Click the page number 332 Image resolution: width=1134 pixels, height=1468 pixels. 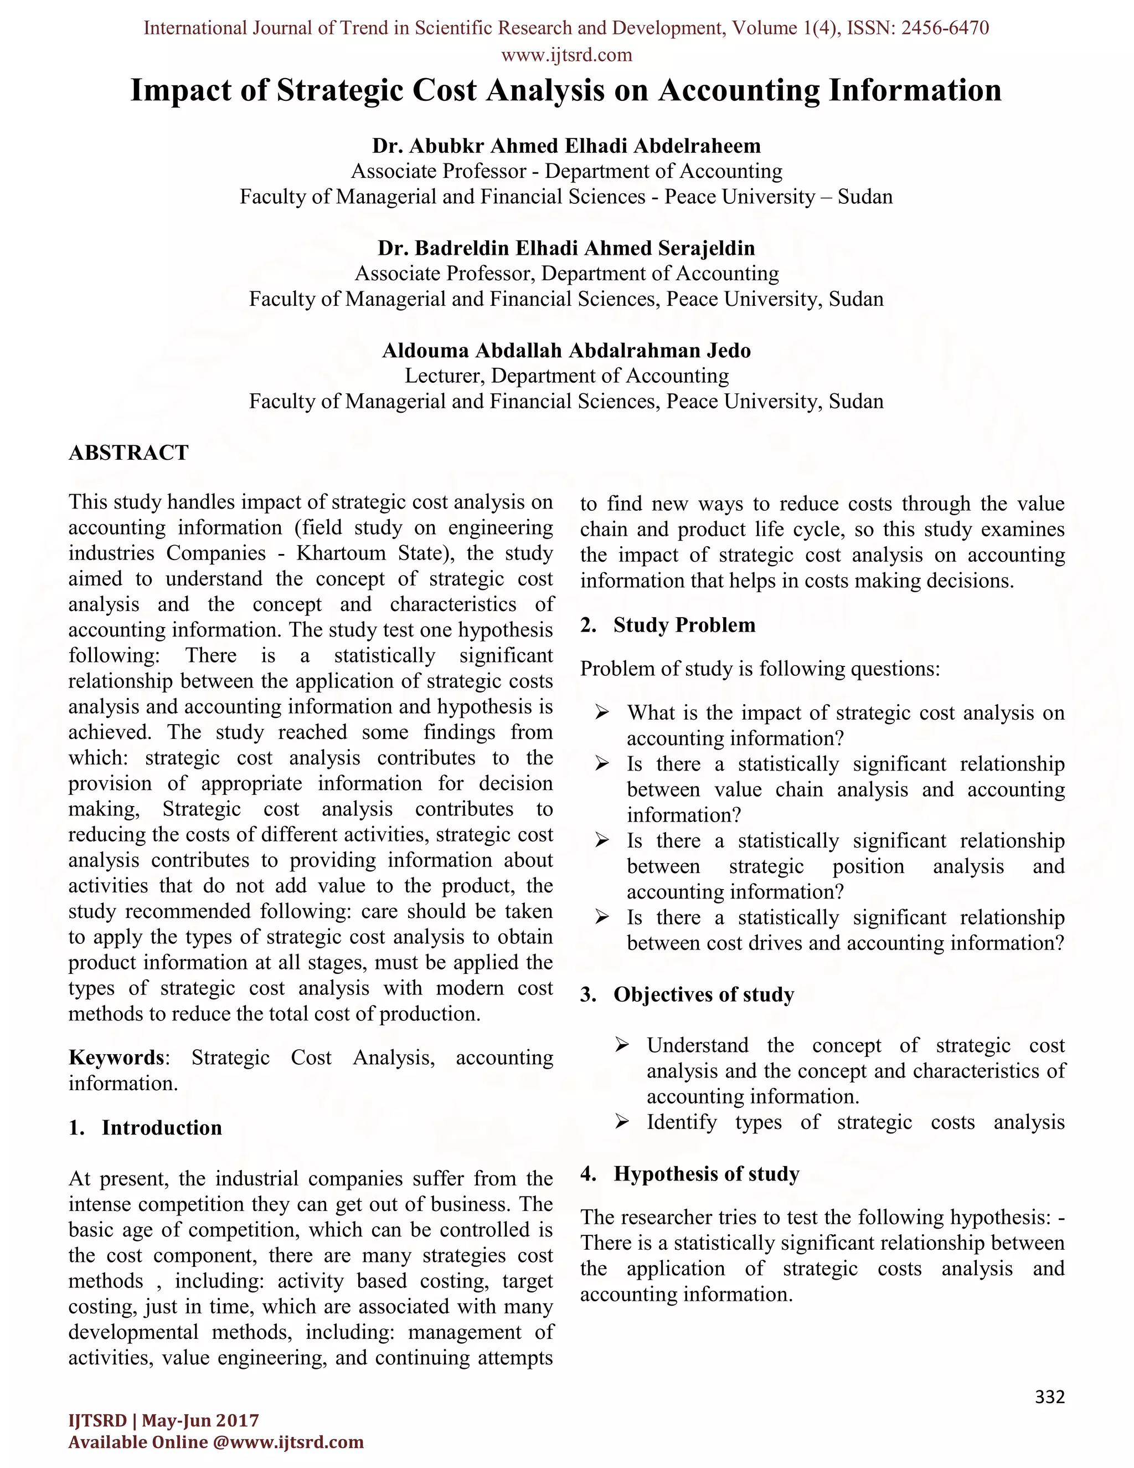pos(1049,1398)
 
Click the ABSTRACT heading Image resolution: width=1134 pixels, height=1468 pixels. pos(128,453)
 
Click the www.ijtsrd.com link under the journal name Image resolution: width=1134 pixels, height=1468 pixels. pos(566,54)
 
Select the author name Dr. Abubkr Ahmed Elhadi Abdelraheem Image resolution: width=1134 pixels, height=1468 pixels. pos(566,146)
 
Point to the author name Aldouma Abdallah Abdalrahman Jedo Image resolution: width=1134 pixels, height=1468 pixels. pos(566,350)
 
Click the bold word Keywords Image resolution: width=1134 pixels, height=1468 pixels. pos(117,1058)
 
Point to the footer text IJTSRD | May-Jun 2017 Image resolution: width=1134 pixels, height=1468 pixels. pos(163,1420)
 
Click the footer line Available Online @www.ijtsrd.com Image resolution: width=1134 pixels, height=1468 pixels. pos(215,1443)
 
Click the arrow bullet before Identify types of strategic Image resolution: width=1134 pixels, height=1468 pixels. pos(621,1122)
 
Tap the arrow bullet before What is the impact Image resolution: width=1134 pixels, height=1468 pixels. pos(602,712)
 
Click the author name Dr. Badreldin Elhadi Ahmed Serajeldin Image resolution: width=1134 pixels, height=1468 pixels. pos(566,248)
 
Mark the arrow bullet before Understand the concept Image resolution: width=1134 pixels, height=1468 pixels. pos(621,1045)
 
